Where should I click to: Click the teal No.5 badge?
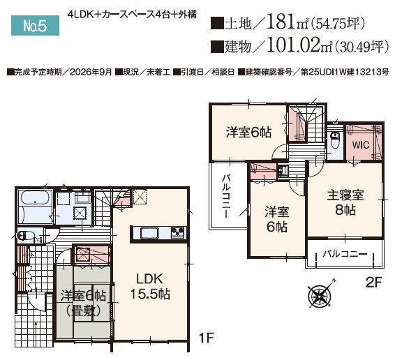[36, 25]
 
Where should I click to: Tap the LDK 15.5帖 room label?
[150, 287]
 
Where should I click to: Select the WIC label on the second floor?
[361, 145]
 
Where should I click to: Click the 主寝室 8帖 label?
[345, 202]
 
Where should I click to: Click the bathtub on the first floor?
[35, 197]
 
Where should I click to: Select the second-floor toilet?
[335, 141]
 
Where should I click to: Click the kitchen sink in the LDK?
[149, 233]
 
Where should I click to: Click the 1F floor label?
[206, 338]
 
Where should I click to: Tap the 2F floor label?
[374, 283]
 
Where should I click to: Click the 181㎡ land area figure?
[287, 22]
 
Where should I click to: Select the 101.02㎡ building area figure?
[299, 45]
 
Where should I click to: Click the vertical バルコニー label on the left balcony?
[226, 196]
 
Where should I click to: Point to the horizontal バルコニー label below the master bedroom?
[345, 254]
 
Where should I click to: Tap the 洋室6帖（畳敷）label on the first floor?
[83, 303]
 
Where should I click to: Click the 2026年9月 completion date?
[91, 73]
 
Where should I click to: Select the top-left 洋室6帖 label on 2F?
[248, 133]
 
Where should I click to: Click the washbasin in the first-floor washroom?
[83, 197]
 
